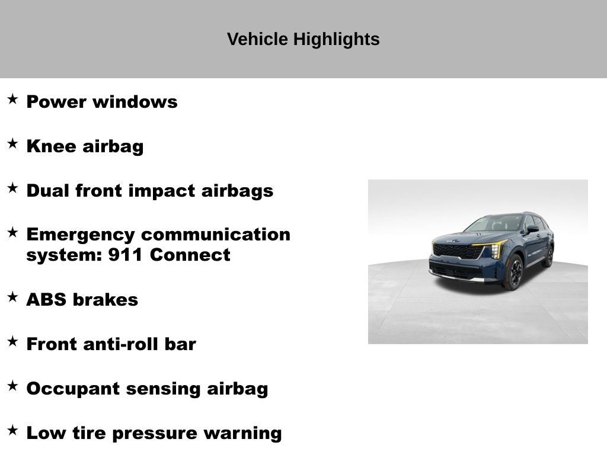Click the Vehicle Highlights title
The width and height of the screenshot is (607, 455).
point(303,40)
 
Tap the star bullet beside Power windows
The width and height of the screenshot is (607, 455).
point(12,99)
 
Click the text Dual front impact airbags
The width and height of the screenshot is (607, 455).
point(149,191)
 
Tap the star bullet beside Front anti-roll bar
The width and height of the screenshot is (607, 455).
point(12,341)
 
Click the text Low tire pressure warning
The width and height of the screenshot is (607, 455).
point(154,433)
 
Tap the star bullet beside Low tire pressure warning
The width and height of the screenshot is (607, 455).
point(12,430)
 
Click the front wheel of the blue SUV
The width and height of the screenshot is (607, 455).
point(513,272)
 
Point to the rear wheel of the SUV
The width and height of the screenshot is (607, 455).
point(548,256)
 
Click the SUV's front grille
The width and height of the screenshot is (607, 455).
point(458,251)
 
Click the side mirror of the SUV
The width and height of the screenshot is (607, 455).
point(533,229)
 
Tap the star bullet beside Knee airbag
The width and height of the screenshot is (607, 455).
point(12,143)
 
